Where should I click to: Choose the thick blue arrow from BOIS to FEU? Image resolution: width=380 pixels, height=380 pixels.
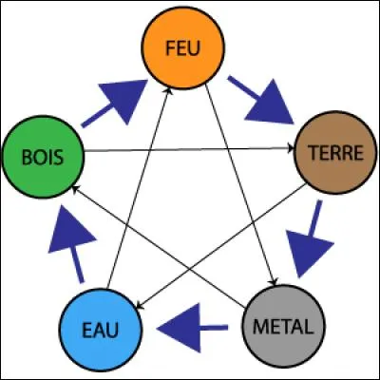[115, 103]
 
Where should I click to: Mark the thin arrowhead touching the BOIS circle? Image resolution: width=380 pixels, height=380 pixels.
[80, 191]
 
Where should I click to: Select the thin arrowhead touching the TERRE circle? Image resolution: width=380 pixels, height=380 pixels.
[293, 148]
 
